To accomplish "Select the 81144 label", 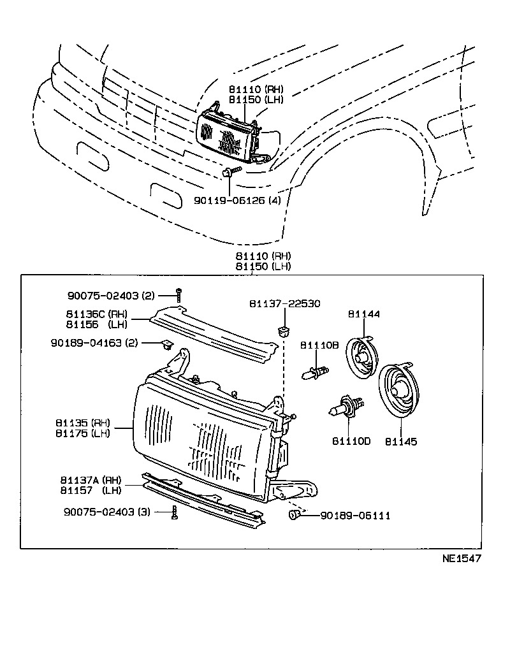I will click(x=364, y=314).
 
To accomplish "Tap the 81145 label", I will click(x=401, y=441).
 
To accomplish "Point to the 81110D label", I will click(x=351, y=441).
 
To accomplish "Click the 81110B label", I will click(x=319, y=345).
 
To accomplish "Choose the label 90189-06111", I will click(x=354, y=515).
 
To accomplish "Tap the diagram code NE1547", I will click(x=462, y=559).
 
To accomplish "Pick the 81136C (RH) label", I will click(x=96, y=314).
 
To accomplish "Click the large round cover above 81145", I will click(x=400, y=392).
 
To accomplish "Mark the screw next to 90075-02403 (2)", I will click(x=180, y=295).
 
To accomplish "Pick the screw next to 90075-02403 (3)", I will click(x=174, y=512).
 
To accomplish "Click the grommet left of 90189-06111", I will click(x=295, y=514).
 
